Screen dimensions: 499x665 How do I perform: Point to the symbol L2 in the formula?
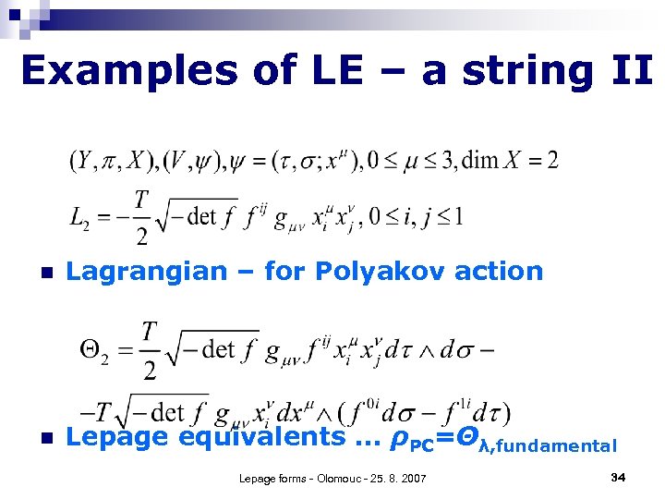(79, 218)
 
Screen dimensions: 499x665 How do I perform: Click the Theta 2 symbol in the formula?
(95, 348)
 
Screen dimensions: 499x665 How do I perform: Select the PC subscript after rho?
(421, 444)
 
